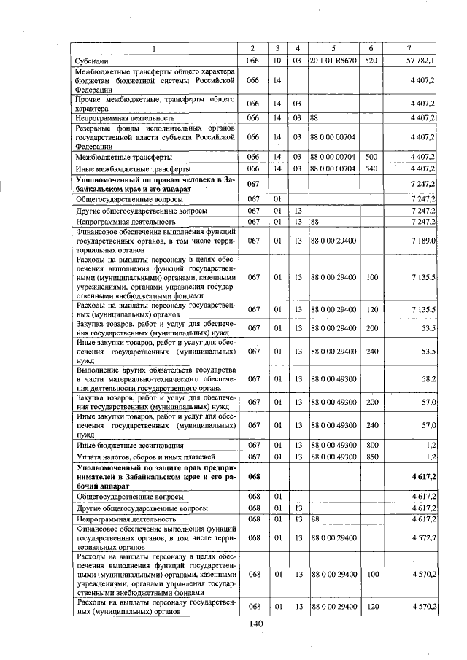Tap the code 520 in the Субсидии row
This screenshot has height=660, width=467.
(x=370, y=61)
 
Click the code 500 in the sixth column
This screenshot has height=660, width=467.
(x=370, y=157)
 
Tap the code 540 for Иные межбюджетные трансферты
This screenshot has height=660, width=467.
(x=370, y=168)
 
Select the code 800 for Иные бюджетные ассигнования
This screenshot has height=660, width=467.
(x=370, y=444)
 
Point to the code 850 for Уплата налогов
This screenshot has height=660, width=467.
(x=370, y=456)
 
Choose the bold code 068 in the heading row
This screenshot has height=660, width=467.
(x=254, y=476)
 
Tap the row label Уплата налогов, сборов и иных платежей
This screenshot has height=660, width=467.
(x=139, y=456)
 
